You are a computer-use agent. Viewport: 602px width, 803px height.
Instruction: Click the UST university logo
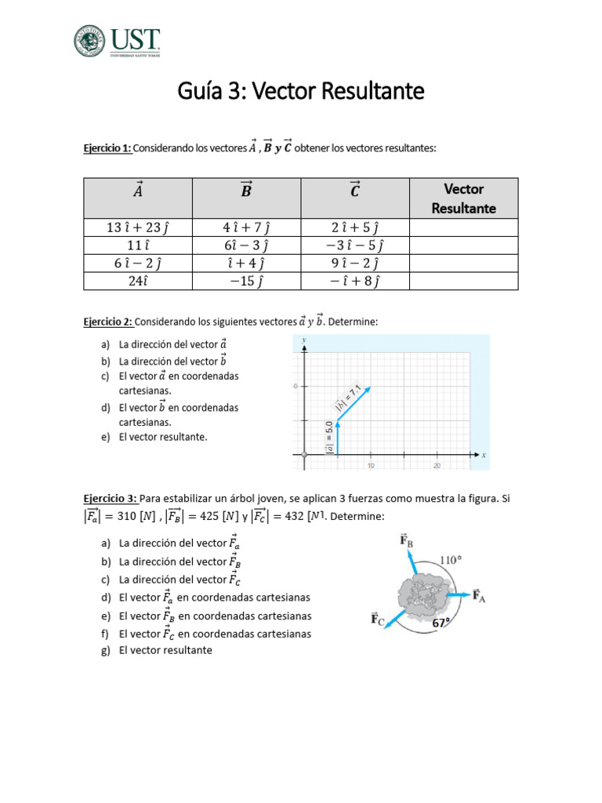click(117, 41)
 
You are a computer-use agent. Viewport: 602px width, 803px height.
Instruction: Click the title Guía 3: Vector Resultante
click(300, 92)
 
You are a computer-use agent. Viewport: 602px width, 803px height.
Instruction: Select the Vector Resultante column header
click(463, 198)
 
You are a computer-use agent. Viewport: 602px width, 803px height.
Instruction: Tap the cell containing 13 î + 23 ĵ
click(138, 227)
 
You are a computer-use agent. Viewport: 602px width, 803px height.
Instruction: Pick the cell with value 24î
click(138, 281)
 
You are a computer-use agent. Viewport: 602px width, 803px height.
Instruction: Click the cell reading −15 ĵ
click(247, 281)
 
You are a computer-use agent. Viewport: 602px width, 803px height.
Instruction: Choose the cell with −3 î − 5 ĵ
click(355, 245)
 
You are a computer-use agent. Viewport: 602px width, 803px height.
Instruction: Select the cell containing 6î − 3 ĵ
click(247, 245)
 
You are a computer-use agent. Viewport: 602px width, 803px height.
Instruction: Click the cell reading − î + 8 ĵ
click(355, 281)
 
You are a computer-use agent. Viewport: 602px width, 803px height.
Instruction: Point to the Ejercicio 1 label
click(108, 149)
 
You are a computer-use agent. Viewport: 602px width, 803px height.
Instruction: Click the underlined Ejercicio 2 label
click(108, 322)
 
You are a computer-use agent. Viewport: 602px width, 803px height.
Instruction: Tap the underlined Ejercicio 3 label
click(108, 499)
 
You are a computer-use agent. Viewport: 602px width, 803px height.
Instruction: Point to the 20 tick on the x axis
click(437, 466)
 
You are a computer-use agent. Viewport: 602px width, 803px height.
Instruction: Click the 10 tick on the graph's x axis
click(370, 466)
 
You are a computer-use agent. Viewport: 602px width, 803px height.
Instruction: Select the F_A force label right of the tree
click(480, 596)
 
